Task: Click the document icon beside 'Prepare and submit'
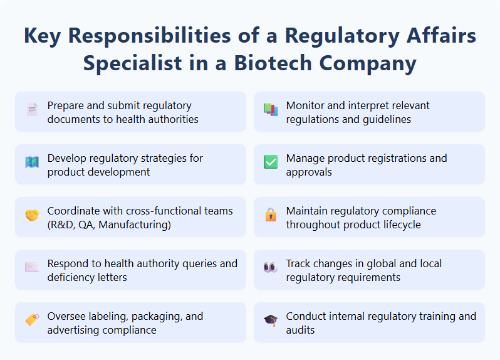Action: (32, 109)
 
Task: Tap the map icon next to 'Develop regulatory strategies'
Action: (32, 162)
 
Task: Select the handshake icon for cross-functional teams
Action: (32, 214)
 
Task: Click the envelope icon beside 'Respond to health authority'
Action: (32, 267)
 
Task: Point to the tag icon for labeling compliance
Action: (32, 320)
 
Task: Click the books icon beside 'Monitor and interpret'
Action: (271, 109)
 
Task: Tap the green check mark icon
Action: (271, 162)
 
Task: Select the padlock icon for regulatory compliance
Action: (271, 214)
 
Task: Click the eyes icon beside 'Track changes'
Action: (271, 267)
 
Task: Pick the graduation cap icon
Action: (271, 320)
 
